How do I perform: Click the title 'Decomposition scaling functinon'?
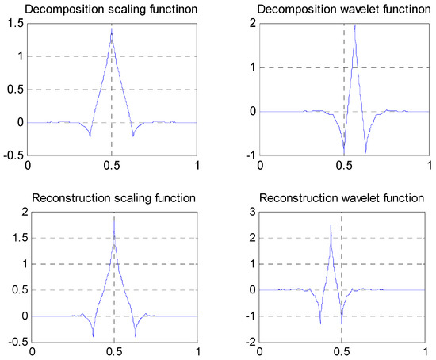(111, 10)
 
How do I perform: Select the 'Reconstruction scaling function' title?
(111, 197)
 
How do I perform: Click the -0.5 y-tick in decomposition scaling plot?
(13, 155)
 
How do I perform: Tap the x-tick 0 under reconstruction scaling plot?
(28, 353)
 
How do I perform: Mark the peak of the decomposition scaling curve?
(112, 33)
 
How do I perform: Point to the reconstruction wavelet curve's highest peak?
(331, 226)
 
